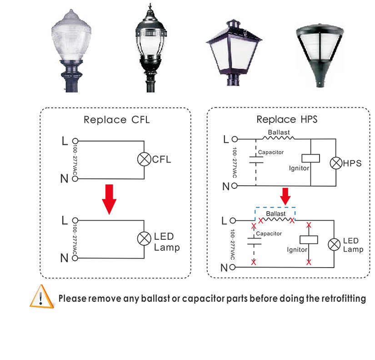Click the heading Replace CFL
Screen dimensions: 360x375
116,120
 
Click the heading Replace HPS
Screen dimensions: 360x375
286,120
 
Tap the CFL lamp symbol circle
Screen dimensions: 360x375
144,159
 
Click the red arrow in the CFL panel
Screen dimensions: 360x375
109,199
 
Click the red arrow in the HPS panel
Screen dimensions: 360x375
285,196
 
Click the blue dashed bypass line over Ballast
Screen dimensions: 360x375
275,208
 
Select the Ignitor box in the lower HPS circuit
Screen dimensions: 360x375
309,240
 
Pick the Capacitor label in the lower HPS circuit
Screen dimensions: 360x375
269,233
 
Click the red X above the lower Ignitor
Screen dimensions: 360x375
309,225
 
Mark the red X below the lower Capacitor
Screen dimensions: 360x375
254,263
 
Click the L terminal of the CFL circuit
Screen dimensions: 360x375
75,141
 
